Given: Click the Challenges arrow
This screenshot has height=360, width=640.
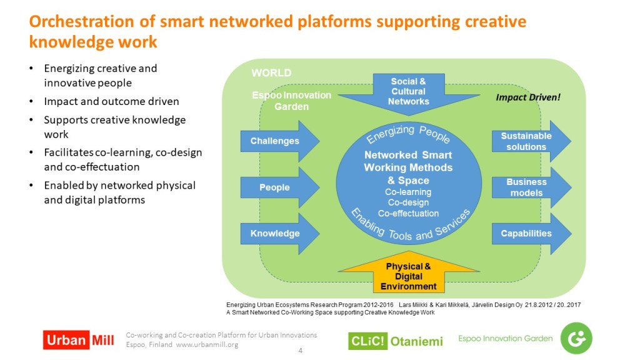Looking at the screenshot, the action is [x=279, y=141].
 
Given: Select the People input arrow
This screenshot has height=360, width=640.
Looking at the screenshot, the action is [x=279, y=187].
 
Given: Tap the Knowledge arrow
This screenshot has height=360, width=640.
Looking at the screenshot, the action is [x=279, y=234].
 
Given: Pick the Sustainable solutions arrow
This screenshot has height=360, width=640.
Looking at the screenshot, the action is [x=531, y=141].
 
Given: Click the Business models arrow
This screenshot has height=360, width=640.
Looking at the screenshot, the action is [x=531, y=187].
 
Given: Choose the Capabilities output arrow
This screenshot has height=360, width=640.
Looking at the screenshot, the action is [x=531, y=234].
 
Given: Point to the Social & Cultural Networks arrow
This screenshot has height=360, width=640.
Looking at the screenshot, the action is [x=409, y=94].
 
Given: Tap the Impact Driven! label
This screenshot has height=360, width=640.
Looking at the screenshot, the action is [x=527, y=97].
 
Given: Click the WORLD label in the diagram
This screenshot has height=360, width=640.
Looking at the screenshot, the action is [x=271, y=73].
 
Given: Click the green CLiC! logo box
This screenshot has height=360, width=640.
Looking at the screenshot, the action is [x=367, y=341].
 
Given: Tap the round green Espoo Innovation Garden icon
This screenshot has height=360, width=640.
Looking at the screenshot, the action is [x=576, y=338].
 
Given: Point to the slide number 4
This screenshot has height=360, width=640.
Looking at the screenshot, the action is [x=301, y=351].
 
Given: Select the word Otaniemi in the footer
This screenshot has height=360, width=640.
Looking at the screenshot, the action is [x=417, y=341].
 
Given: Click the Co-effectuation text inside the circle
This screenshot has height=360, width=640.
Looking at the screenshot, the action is [x=408, y=213].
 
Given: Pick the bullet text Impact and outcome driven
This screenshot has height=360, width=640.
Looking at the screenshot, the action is [x=111, y=101].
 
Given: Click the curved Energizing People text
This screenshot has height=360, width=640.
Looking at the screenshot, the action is [x=408, y=133].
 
